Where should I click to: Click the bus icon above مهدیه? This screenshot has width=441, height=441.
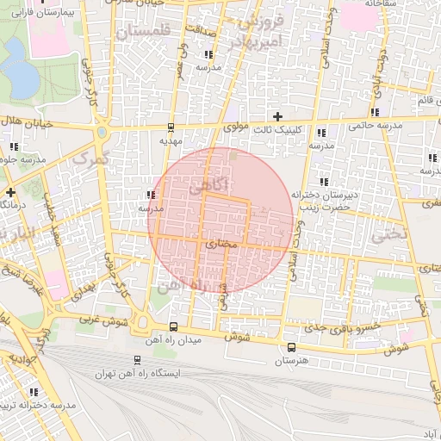click(x=171, y=126)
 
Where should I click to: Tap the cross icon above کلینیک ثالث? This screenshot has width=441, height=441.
click(x=277, y=116)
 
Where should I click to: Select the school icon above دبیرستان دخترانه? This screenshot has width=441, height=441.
click(x=324, y=182)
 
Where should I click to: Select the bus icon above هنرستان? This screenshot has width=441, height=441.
click(x=291, y=348)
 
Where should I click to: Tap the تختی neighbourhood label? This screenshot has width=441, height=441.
click(x=386, y=232)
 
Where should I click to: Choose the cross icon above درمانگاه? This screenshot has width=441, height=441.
click(x=9, y=192)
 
